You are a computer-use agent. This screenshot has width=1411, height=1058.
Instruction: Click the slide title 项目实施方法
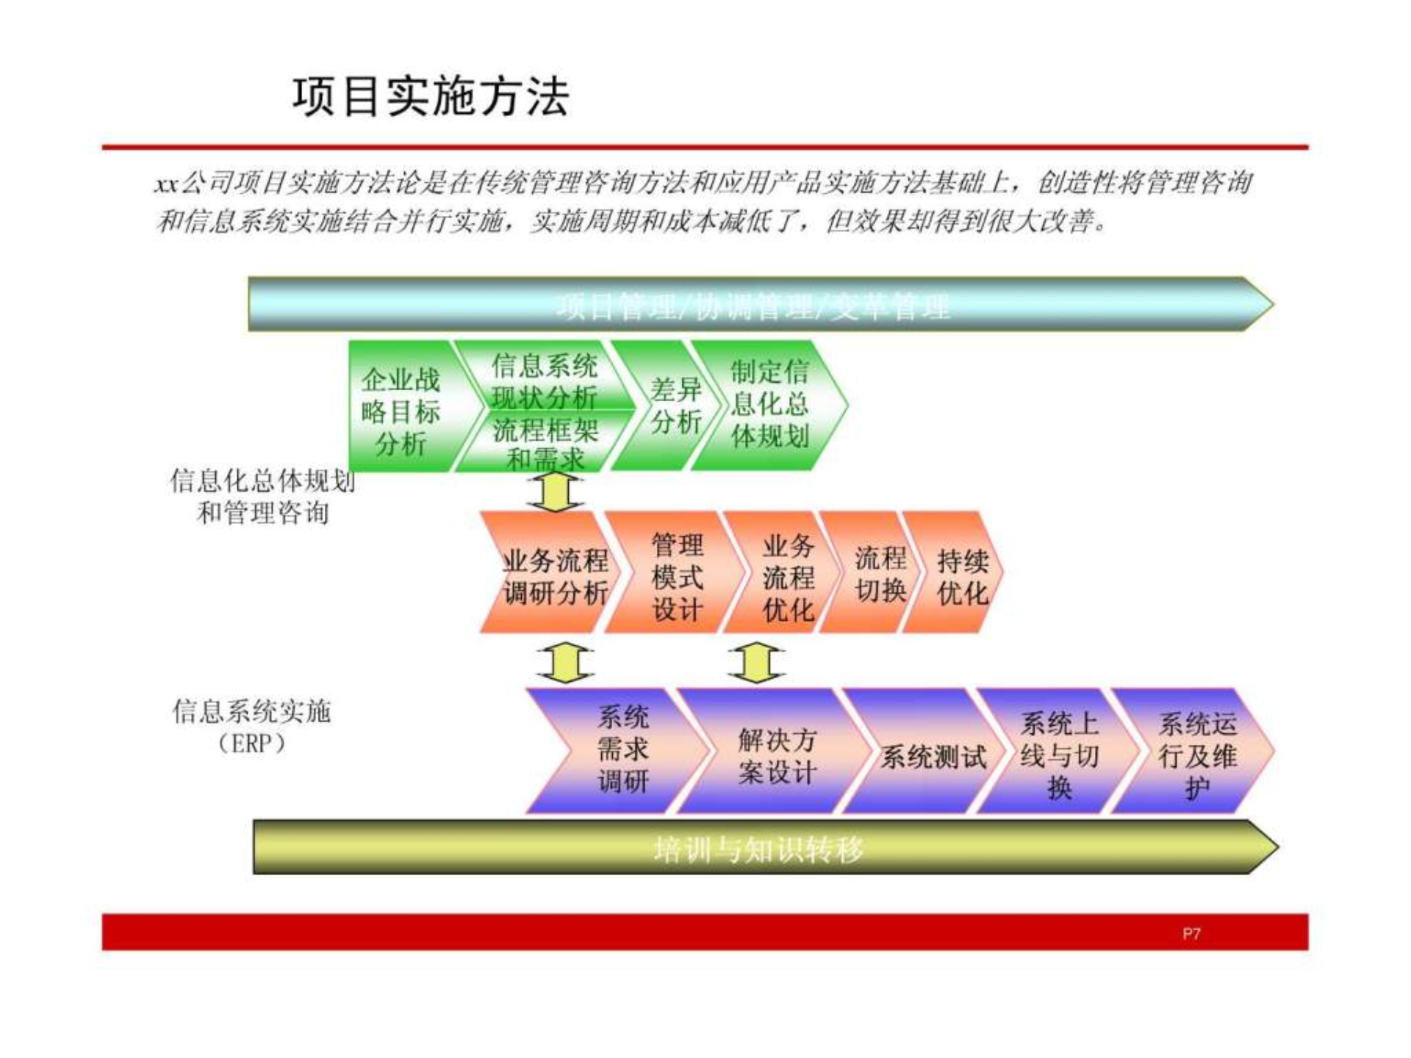coord(431,96)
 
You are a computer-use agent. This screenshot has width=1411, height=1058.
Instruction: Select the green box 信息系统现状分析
coord(545,381)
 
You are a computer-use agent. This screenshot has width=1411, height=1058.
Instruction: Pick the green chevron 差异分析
coord(675,406)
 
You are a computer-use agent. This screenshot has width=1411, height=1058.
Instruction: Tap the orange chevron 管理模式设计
coord(677,577)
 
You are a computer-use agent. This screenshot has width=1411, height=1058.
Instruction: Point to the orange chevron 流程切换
coord(880,574)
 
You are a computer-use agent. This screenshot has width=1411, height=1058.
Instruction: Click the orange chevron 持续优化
coord(961,577)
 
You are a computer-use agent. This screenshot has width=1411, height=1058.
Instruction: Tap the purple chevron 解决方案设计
coord(777,755)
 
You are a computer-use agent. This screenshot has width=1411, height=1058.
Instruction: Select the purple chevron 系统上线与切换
coord(1059,755)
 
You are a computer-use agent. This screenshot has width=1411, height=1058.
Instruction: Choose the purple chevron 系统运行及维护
coord(1197,755)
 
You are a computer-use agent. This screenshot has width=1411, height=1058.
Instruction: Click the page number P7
coord(1191,934)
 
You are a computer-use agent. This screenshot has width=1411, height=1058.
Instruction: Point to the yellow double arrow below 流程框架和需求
coord(556,492)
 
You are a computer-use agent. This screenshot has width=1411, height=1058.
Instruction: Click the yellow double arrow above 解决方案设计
coord(756,662)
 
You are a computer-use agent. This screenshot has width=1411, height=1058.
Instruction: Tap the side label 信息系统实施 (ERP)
coord(251,727)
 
